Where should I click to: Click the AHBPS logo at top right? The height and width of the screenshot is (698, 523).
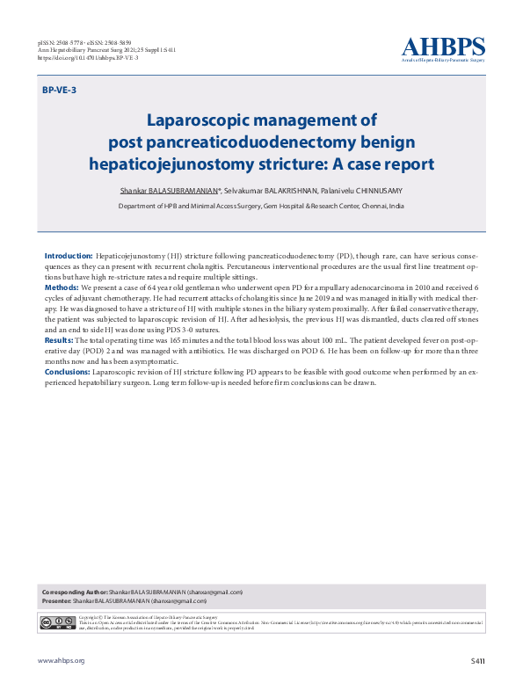pyautogui.click(x=443, y=49)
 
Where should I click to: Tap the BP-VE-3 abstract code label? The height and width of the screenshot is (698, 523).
pyautogui.click(x=59, y=91)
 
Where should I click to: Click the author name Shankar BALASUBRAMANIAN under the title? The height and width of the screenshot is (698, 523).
pyautogui.click(x=170, y=191)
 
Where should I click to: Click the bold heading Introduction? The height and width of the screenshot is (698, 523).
pyautogui.click(x=69, y=255)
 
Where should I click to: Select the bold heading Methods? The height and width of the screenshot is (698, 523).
pyautogui.click(x=62, y=287)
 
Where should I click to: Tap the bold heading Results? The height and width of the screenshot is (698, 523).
pyautogui.click(x=59, y=338)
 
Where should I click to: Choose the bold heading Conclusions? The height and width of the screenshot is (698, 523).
pyautogui.click(x=68, y=372)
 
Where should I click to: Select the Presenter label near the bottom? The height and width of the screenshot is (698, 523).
pyautogui.click(x=56, y=600)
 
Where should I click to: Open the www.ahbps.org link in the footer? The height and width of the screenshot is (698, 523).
pyautogui.click(x=61, y=659)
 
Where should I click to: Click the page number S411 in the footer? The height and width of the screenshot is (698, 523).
pyautogui.click(x=477, y=659)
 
